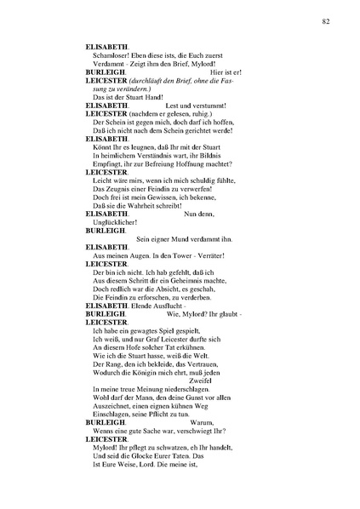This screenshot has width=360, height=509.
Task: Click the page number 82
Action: click(326, 20)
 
